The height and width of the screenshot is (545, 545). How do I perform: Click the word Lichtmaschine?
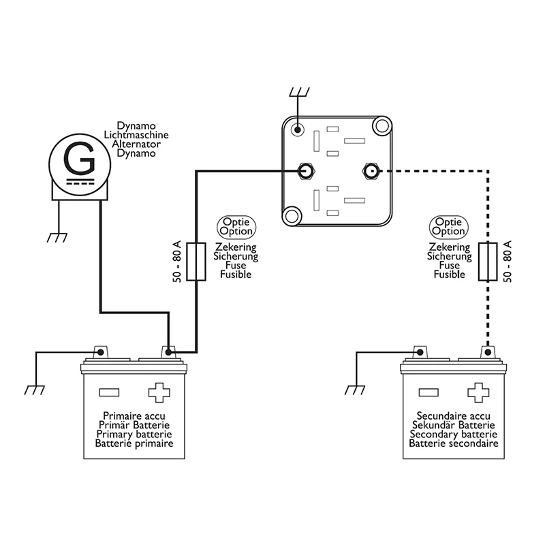coord(136,135)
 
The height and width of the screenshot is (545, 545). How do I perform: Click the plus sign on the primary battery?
coord(159,392)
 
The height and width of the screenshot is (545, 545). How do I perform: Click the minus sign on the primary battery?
coord(109,392)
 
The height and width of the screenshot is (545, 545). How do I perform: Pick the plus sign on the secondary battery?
coord(478,392)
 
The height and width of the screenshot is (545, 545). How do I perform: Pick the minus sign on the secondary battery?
coord(429,392)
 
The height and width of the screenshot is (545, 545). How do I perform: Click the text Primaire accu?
coord(134,416)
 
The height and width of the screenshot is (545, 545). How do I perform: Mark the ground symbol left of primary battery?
coord(33,389)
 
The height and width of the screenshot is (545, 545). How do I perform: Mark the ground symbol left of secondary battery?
coord(354,389)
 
